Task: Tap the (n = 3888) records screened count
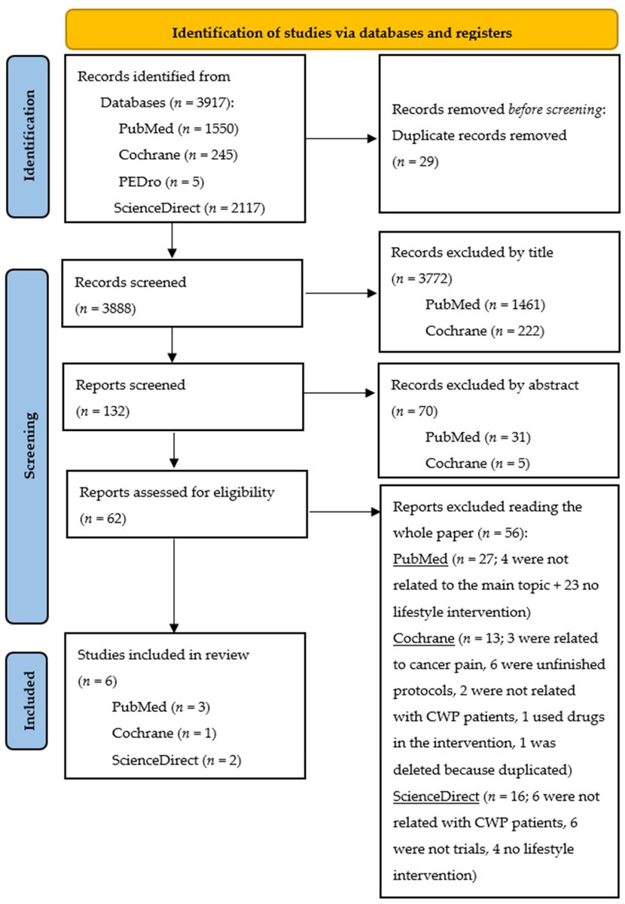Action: (105, 307)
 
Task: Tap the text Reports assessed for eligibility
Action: (177, 494)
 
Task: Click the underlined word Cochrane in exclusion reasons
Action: (419, 639)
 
